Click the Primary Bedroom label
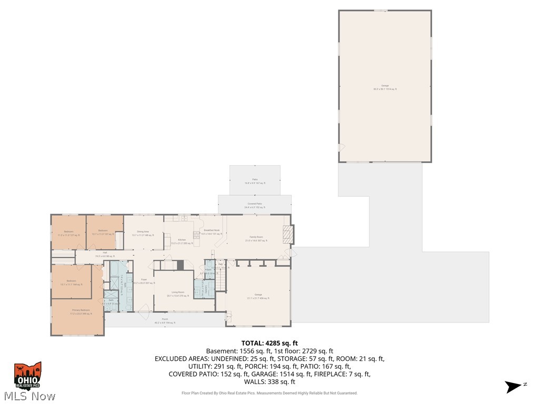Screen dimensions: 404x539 pos(82,312)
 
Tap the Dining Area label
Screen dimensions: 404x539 pos(143,234)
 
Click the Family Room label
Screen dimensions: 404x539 pos(256,239)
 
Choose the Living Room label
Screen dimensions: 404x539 pos(178,294)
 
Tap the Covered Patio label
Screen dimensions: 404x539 pos(255,205)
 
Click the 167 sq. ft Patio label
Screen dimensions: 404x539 pos(255,181)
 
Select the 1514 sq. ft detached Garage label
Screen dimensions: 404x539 pos(385,87)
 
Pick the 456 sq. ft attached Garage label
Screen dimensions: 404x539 pos(258,297)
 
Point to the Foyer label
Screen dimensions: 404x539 pos(144,281)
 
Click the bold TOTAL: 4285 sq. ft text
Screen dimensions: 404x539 pos(269,344)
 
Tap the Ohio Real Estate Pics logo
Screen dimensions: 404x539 pos(28,376)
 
